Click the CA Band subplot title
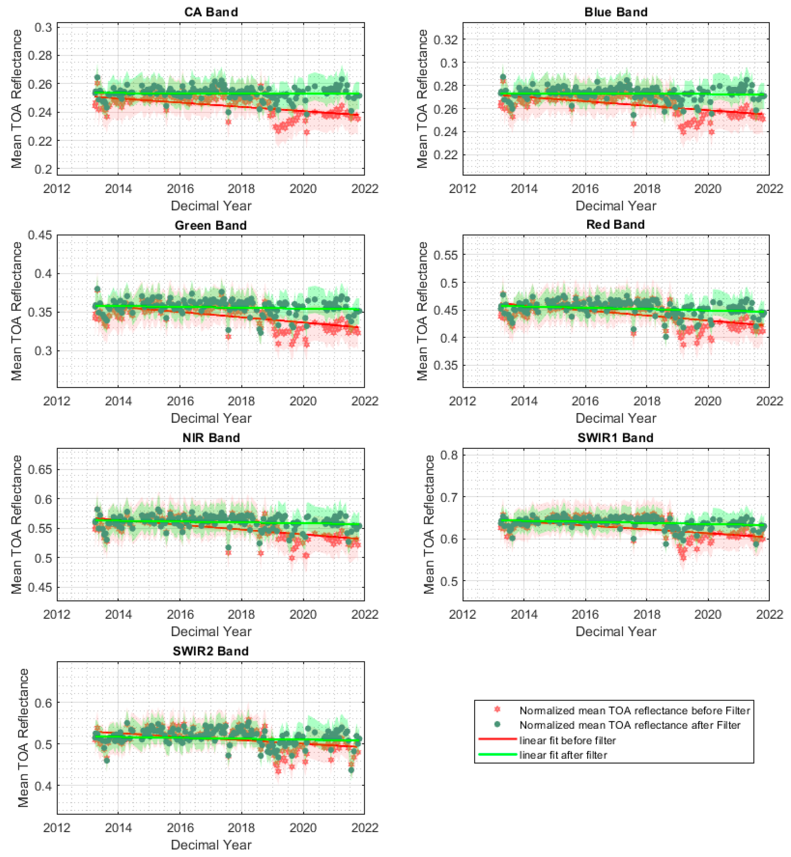[211, 12]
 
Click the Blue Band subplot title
[616, 12]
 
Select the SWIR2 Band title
[211, 651]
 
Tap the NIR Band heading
[211, 438]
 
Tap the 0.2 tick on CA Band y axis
[43, 169]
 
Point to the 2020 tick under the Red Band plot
[708, 401]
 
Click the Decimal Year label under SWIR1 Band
[616, 632]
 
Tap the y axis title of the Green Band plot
[16, 311]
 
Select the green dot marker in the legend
[497, 724]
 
